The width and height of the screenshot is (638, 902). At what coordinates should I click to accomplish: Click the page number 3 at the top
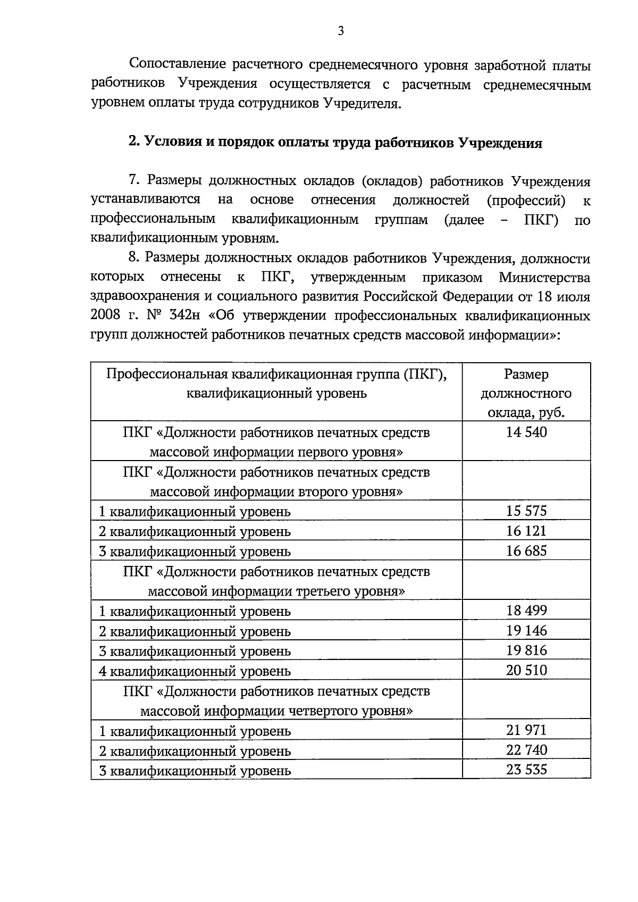[341, 31]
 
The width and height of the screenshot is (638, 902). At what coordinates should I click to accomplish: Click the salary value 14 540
[526, 432]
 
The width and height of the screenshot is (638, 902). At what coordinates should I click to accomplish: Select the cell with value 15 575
[526, 511]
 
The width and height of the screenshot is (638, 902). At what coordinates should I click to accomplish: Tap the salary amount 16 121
[526, 531]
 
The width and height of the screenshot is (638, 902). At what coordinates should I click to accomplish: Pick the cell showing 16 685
[526, 550]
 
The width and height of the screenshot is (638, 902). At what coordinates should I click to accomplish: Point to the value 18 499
[526, 610]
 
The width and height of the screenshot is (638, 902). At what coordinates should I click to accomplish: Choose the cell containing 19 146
[526, 630]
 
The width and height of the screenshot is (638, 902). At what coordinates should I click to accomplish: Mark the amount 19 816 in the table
[526, 650]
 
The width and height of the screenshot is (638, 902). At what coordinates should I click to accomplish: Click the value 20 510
[526, 670]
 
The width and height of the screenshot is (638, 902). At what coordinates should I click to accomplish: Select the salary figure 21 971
[526, 730]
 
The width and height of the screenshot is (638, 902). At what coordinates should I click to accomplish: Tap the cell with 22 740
[526, 750]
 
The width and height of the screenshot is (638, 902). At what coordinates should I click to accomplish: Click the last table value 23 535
[526, 770]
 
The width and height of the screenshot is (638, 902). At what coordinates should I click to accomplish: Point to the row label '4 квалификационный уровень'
[195, 671]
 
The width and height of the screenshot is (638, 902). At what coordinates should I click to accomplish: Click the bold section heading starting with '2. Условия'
[335, 143]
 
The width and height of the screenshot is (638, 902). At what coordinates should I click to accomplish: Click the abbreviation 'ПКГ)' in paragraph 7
[541, 220]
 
